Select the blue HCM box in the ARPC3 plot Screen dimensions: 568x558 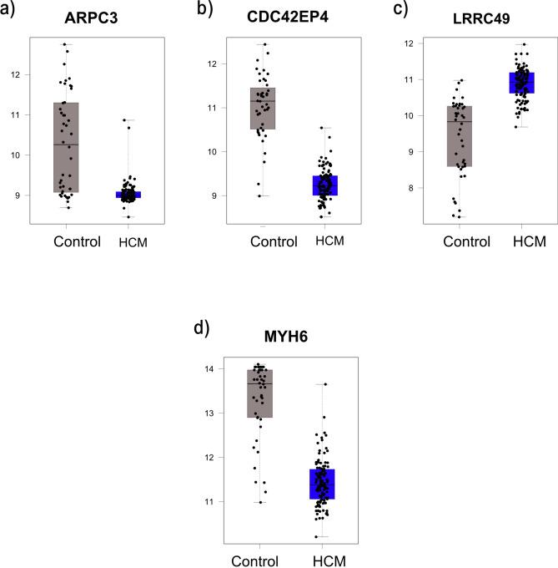click(128, 195)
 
